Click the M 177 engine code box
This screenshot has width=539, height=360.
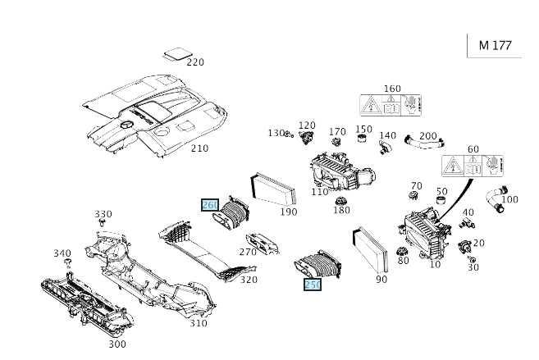(x=494, y=45)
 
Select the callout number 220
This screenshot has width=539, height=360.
(x=194, y=62)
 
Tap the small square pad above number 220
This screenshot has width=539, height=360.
(x=175, y=54)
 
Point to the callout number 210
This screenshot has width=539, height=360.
(x=199, y=148)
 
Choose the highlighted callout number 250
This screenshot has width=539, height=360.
(x=313, y=285)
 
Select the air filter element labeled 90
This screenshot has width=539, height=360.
(x=368, y=249)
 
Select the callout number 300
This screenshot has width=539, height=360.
(x=117, y=344)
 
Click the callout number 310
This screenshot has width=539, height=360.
(x=199, y=323)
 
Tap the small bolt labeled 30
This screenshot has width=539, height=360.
(x=472, y=258)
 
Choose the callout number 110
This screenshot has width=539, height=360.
(x=319, y=192)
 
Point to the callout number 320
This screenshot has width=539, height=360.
(x=249, y=280)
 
